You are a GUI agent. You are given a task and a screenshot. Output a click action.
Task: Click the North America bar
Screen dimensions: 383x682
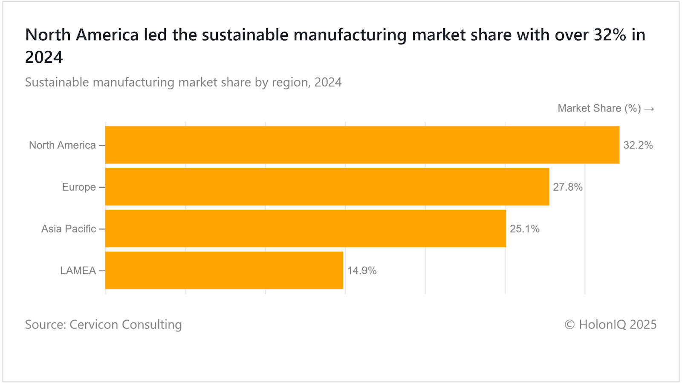[362, 145]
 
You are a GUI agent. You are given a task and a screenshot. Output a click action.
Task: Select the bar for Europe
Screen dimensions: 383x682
[327, 187]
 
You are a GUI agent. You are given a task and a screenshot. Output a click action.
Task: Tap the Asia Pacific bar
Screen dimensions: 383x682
[306, 229]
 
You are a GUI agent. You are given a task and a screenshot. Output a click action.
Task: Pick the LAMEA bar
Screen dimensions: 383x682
[224, 270]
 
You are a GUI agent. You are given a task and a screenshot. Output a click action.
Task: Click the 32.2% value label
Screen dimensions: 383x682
[638, 145]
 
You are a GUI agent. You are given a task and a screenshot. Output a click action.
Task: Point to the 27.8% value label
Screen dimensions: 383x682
[568, 187]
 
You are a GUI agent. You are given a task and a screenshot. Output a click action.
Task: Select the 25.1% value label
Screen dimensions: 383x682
[525, 229]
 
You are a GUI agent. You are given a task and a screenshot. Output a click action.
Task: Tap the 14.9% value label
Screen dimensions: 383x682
[362, 271]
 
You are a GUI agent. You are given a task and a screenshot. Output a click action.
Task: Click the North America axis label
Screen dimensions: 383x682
[62, 145]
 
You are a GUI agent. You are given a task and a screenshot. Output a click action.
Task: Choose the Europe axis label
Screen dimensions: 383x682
[79, 187]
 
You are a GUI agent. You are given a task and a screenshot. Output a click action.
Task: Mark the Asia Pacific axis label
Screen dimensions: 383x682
[69, 229]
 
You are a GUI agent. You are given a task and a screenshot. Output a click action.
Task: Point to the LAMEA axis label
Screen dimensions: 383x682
[78, 271]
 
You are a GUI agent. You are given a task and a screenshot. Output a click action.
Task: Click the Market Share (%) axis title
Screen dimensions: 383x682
[599, 108]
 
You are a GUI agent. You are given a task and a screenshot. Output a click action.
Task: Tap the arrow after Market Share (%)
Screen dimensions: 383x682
[649, 109]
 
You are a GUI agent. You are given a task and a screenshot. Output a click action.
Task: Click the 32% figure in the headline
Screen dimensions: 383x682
[610, 35]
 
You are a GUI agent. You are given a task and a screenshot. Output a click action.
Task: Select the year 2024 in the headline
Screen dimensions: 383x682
[44, 57]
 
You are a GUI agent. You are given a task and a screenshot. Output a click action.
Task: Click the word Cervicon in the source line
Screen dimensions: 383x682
[94, 325]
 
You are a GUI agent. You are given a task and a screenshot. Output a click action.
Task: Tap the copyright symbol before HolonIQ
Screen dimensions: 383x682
[569, 325]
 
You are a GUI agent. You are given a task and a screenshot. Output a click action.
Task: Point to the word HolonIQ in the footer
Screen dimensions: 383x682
[602, 325]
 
